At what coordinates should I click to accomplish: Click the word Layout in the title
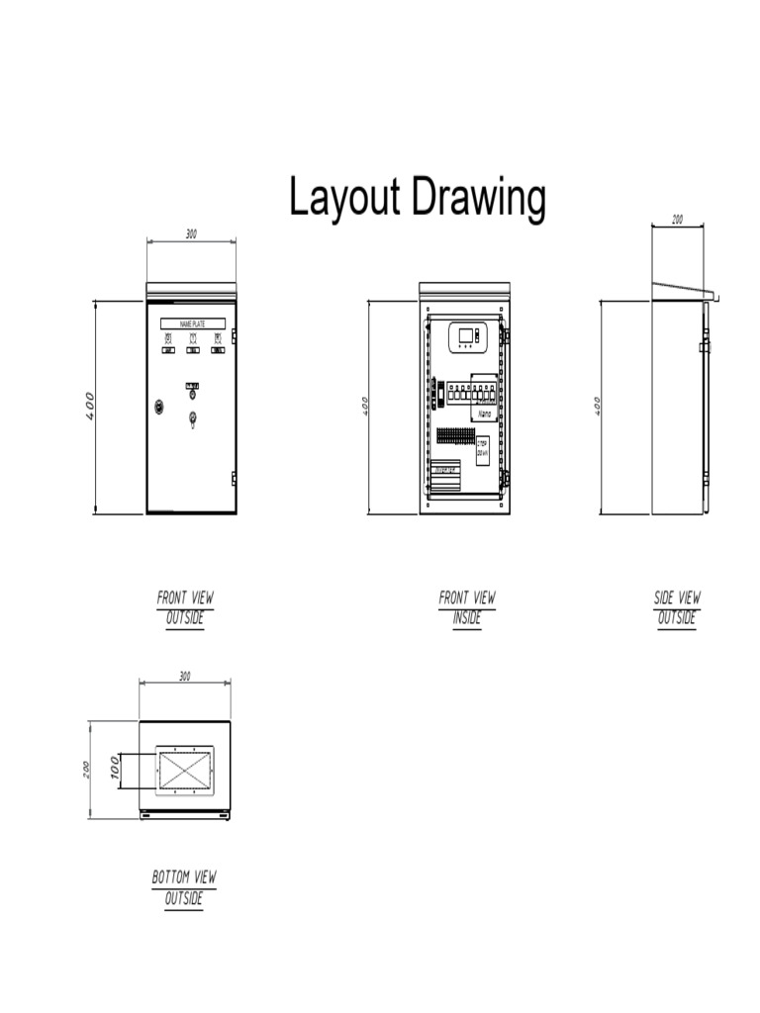click(344, 198)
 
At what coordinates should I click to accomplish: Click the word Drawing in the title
click(479, 199)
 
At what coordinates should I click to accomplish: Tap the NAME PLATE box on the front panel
click(192, 323)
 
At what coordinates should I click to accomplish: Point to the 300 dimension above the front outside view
click(191, 234)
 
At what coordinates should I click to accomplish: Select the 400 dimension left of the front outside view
click(89, 406)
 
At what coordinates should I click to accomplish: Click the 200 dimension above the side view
click(677, 220)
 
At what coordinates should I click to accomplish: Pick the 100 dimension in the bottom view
click(115, 769)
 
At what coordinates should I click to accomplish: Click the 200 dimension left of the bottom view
click(86, 769)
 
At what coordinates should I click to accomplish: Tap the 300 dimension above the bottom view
click(184, 677)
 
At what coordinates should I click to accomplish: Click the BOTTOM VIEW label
click(184, 877)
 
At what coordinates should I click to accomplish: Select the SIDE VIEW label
click(677, 598)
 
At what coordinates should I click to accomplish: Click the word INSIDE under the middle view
click(467, 618)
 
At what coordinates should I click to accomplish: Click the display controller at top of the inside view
click(467, 337)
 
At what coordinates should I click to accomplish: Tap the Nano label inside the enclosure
click(485, 414)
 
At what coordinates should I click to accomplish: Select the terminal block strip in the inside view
click(455, 435)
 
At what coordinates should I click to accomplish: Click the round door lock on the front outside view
click(158, 407)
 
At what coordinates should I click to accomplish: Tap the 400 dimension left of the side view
click(598, 406)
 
